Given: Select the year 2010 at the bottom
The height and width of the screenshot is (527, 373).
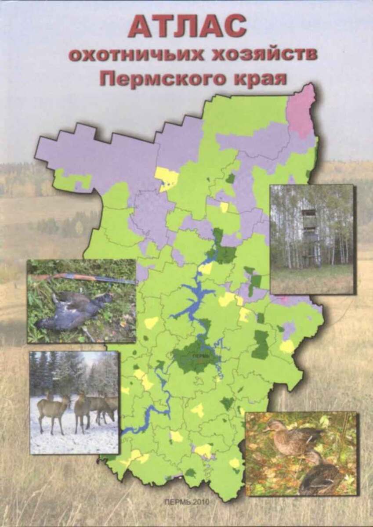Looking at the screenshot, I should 203,502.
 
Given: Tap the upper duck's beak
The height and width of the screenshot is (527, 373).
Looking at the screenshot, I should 264,429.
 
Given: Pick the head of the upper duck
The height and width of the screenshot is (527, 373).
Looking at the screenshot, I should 272,425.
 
